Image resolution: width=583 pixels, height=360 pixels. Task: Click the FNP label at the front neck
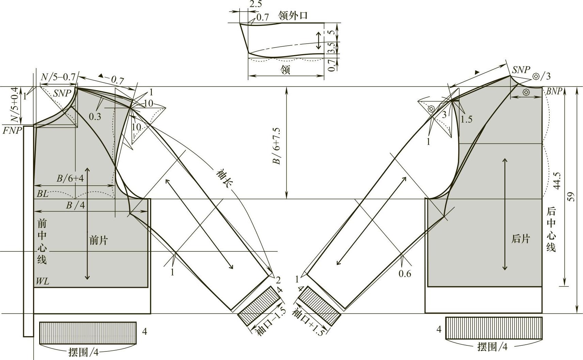point(12,130)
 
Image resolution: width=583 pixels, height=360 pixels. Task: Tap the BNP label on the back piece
point(554,91)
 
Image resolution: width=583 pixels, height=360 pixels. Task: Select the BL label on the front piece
point(43,194)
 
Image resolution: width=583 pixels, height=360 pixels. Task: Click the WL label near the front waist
point(43,281)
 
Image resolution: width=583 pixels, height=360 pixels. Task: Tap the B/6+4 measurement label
point(70,178)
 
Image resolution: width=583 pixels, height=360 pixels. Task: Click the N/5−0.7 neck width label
point(58,77)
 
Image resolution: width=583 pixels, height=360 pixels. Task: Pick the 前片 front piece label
point(98,240)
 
